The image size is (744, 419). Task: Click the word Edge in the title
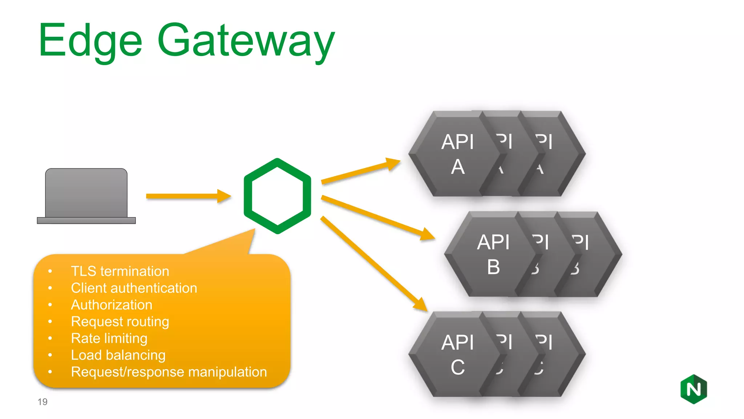tap(90, 41)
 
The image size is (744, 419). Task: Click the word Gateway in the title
tap(246, 41)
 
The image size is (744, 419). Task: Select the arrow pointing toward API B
tap(378, 218)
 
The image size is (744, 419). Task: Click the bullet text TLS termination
tap(120, 271)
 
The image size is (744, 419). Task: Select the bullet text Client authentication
tap(134, 288)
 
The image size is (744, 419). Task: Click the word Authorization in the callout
tap(112, 305)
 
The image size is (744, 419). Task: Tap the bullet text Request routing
tap(120, 322)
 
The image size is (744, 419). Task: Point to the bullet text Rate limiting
tap(109, 338)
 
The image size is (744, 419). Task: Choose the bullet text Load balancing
tap(118, 355)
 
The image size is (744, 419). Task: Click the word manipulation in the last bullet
tap(227, 372)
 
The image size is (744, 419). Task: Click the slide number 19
tap(43, 402)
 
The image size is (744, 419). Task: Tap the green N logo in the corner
tap(694, 389)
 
